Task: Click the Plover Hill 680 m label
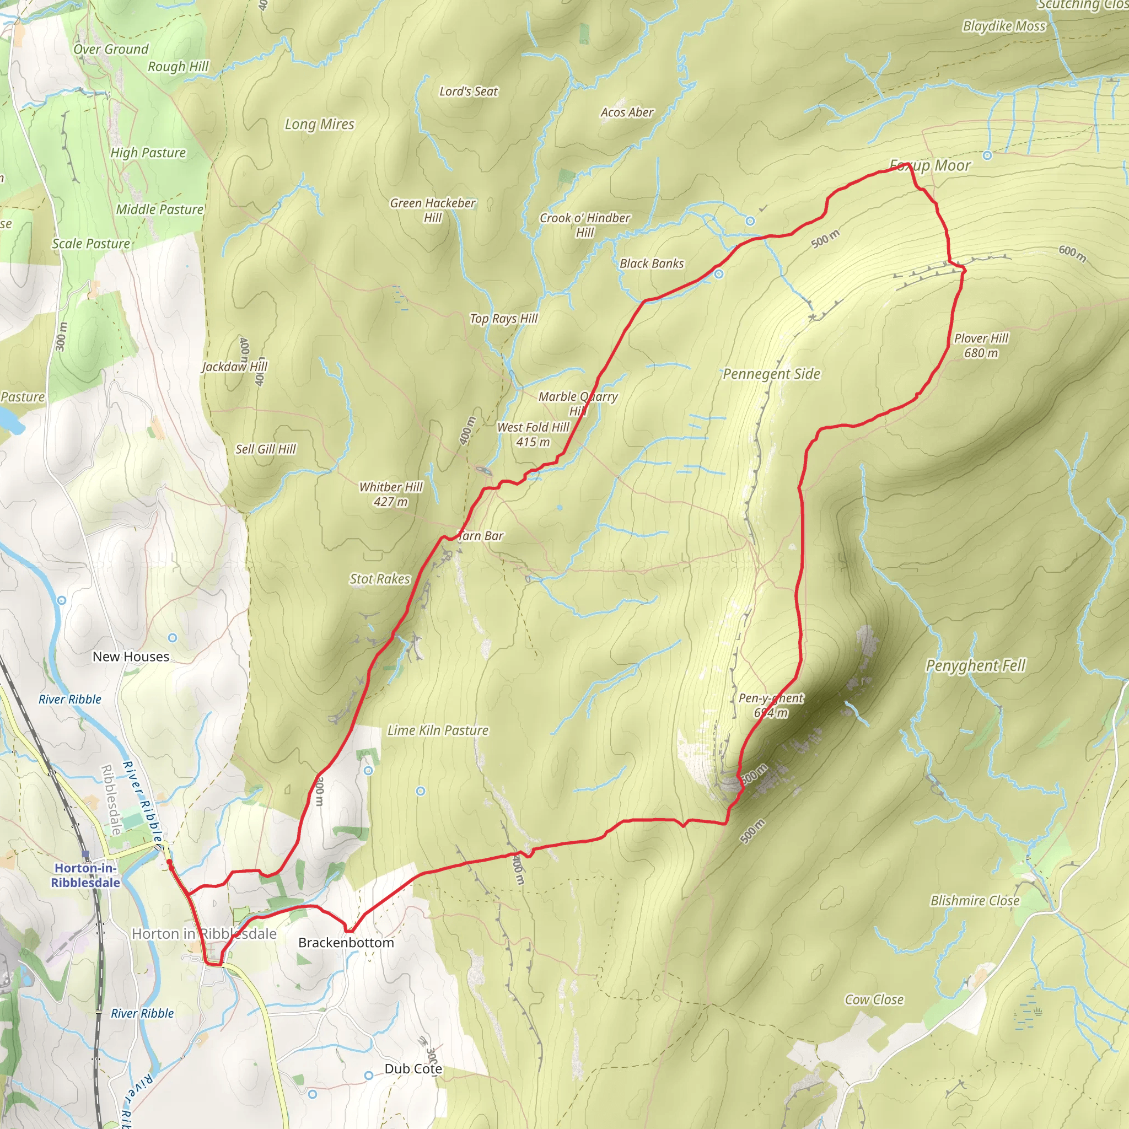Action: [x=981, y=345]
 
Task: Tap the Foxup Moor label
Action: [x=930, y=165]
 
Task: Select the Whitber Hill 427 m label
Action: [x=390, y=494]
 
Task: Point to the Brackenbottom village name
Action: [x=346, y=942]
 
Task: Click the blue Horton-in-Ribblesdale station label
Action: [x=85, y=875]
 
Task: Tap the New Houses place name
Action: [x=131, y=656]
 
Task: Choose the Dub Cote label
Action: [x=412, y=1068]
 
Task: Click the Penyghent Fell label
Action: [x=975, y=665]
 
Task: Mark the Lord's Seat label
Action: [x=468, y=91]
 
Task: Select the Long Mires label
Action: [x=319, y=124]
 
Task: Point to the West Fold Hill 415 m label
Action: [x=533, y=434]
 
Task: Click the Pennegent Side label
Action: [x=771, y=373]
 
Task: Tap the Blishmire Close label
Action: [x=975, y=901]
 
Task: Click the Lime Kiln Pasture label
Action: [x=438, y=730]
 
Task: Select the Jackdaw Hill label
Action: [x=234, y=367]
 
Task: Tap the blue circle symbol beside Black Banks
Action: [x=719, y=273]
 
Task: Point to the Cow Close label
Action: [x=874, y=999]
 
